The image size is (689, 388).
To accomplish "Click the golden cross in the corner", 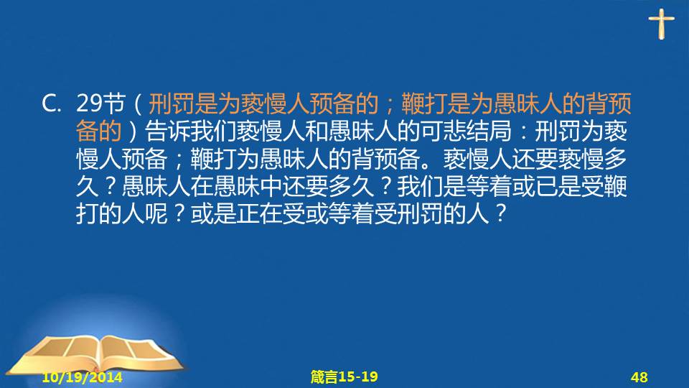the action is [661, 24].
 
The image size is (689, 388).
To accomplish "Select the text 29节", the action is [100, 103].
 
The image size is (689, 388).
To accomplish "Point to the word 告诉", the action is [168, 131].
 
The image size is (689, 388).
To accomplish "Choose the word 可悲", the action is [443, 131].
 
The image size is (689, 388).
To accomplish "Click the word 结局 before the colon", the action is [489, 131].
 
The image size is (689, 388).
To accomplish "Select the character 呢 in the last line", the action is [156, 214].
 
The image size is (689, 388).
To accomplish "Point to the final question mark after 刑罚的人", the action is [500, 214].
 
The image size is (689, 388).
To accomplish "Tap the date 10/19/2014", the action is [82, 377].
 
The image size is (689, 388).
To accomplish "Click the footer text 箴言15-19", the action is [344, 377].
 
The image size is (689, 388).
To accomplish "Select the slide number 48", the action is [639, 377].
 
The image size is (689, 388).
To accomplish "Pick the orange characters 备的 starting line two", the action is [99, 131].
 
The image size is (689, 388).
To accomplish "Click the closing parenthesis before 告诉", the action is [133, 131].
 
